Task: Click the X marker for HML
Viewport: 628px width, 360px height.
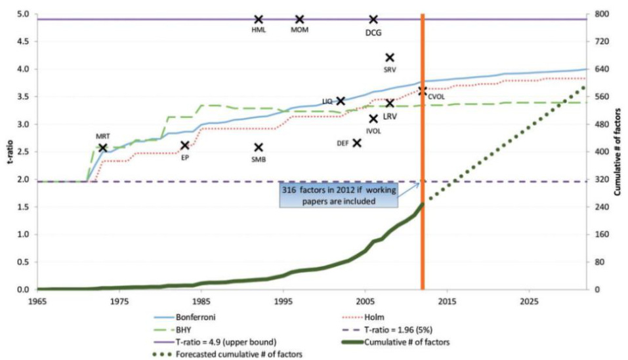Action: [259, 20]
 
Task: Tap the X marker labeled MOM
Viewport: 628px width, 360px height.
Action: [300, 20]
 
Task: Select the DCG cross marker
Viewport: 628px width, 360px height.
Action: [373, 20]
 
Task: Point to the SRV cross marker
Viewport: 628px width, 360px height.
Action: [390, 58]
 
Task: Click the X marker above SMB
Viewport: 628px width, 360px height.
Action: [259, 148]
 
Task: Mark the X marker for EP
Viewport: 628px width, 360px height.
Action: [185, 146]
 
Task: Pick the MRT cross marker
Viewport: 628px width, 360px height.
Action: [103, 148]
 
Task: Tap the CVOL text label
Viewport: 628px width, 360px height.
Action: [436, 97]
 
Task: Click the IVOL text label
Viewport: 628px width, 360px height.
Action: [373, 130]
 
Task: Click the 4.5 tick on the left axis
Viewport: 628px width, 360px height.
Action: [22, 41]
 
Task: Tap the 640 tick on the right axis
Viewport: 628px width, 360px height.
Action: [602, 69]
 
